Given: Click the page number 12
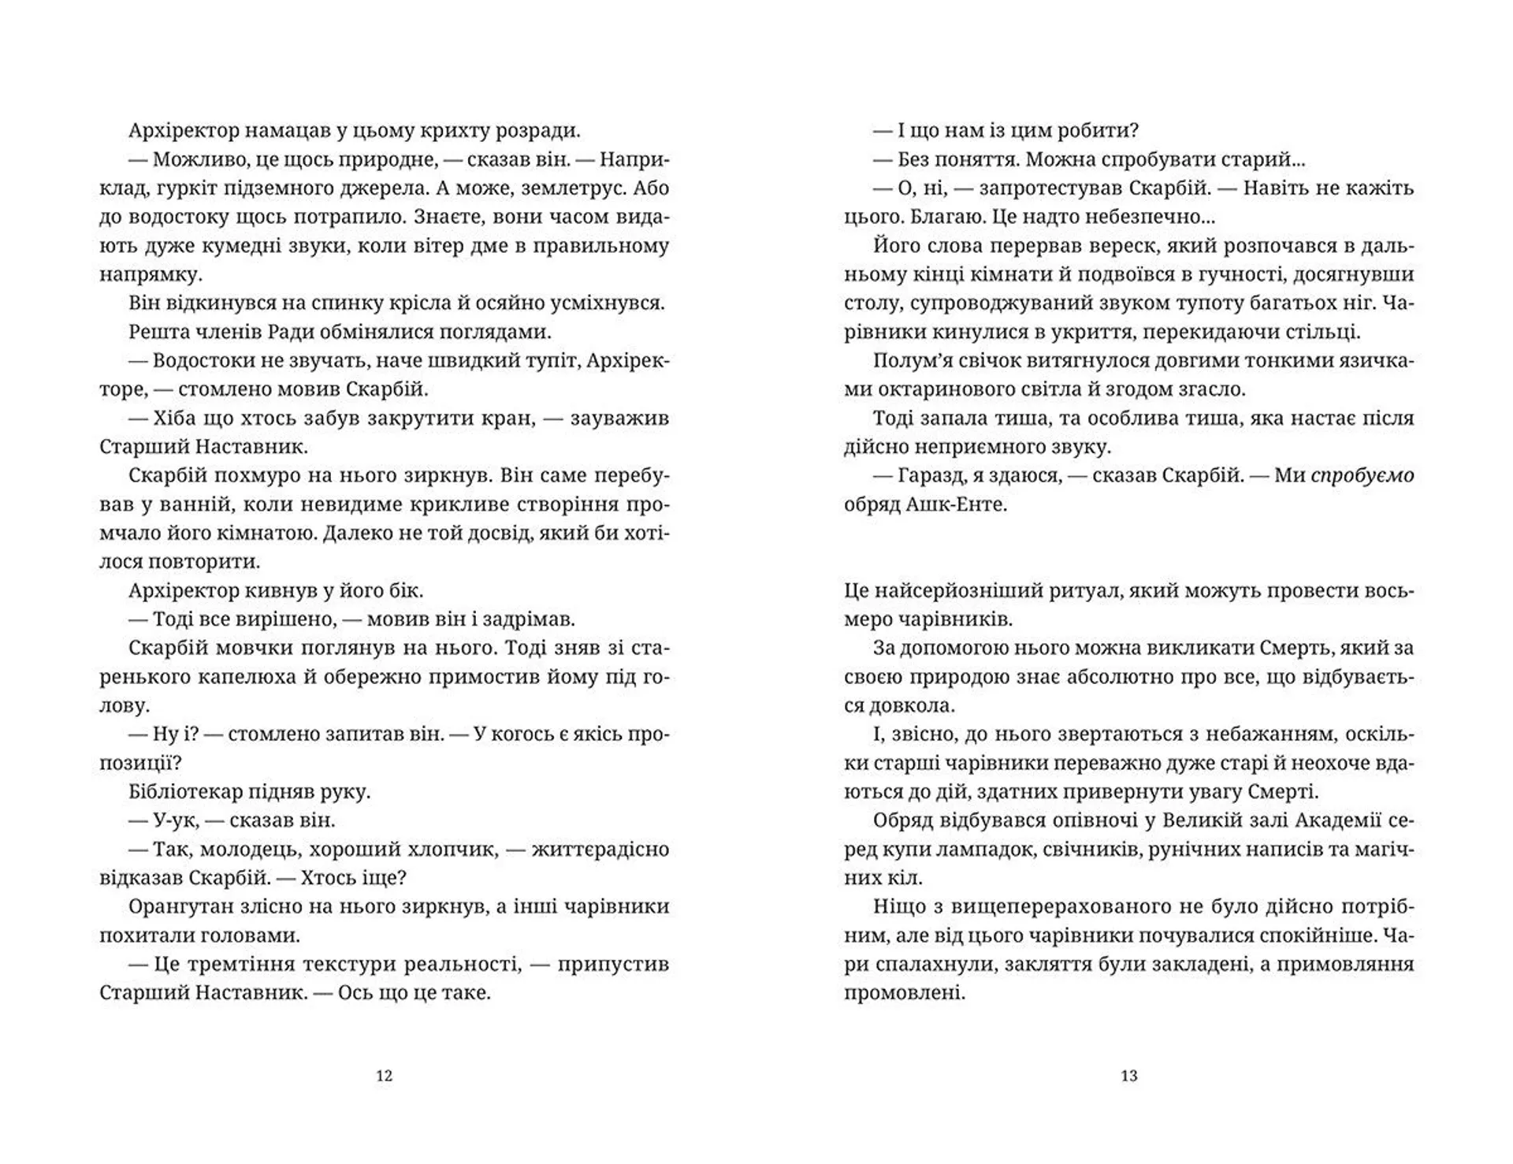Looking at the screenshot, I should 384,1076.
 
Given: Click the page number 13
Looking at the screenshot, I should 1128,1076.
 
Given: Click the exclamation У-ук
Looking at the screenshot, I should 171,820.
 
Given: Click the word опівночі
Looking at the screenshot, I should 1090,820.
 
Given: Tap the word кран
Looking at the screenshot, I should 505,418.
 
